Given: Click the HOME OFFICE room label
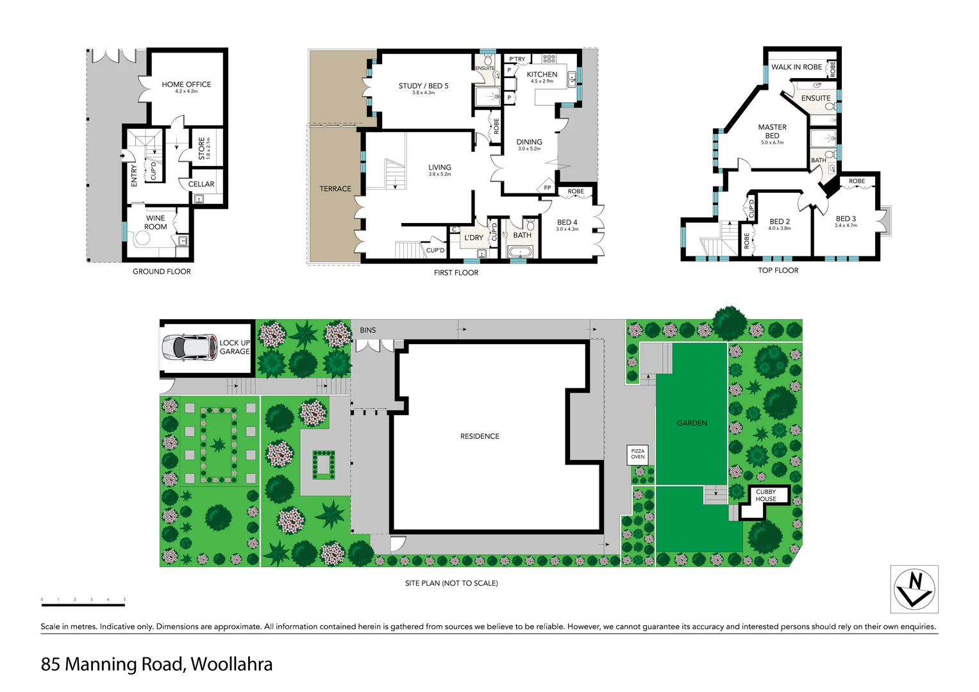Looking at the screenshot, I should [x=186, y=85].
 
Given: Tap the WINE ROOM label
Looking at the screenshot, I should [x=155, y=222].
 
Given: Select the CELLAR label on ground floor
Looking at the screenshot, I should [x=201, y=184].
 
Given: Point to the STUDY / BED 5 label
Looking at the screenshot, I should [x=423, y=86].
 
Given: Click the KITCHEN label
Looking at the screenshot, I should [x=542, y=74].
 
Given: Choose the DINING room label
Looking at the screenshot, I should [x=529, y=142].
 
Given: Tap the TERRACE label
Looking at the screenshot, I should [x=335, y=189].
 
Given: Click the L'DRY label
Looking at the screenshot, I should [x=474, y=238].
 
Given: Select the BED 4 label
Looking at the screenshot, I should [x=567, y=223].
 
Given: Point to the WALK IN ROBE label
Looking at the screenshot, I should [x=796, y=67].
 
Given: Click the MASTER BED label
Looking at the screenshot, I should [x=772, y=131].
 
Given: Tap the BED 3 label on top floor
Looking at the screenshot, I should [x=846, y=219].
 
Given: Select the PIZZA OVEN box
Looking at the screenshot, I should [x=637, y=454].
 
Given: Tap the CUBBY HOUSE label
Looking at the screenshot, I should [x=766, y=495].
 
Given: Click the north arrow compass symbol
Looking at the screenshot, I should [x=914, y=589].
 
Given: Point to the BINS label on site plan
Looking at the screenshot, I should [x=368, y=331].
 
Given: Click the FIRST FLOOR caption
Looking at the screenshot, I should [x=456, y=273].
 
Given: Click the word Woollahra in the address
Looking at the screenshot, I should [x=231, y=664].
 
